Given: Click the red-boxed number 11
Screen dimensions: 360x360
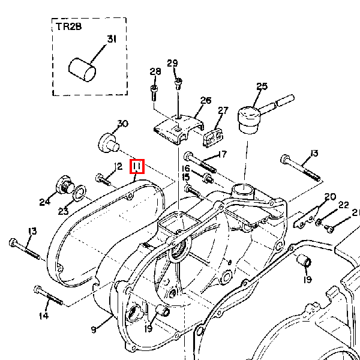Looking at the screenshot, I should [137, 166].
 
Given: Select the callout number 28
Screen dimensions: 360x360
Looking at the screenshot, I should [155, 72].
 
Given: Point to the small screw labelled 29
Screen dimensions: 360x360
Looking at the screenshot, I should [178, 83].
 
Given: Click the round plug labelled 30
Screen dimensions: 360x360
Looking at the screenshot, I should [108, 143].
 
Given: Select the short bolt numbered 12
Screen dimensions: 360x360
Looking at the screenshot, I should [104, 179].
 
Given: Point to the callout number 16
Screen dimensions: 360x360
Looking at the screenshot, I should [186, 169].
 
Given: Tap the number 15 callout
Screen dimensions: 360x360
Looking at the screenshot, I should [186, 177].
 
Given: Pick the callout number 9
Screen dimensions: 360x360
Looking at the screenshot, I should [94, 329].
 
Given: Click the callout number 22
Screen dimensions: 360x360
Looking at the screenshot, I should [343, 205].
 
